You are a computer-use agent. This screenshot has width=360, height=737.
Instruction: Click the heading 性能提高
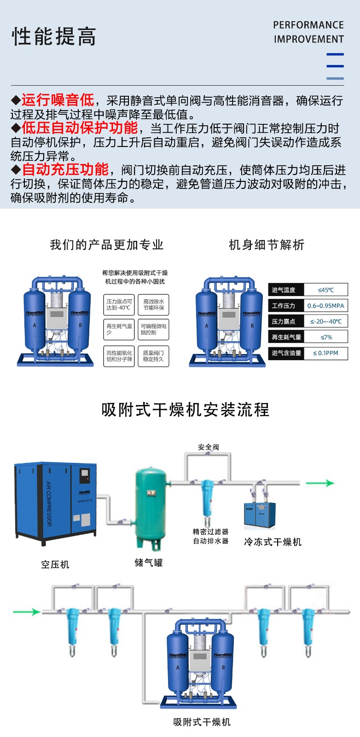click(x=54, y=36)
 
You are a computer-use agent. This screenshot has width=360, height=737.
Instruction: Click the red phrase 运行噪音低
click(x=58, y=100)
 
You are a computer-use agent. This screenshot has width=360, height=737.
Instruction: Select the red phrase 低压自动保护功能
click(x=80, y=128)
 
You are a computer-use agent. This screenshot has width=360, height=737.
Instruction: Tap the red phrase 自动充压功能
click(x=65, y=170)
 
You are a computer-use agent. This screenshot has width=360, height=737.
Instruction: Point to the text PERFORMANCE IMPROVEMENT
click(x=308, y=32)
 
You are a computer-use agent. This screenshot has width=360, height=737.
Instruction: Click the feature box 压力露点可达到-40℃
click(x=119, y=305)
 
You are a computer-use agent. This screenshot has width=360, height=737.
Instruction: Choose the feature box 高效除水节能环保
click(x=154, y=305)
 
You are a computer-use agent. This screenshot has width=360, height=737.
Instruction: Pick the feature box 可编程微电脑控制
click(x=154, y=329)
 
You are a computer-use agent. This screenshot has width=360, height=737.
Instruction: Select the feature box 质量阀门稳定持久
click(x=154, y=356)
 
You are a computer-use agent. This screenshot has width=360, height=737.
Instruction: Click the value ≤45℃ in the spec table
click(x=326, y=290)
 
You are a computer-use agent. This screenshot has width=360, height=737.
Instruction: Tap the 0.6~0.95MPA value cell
click(x=326, y=306)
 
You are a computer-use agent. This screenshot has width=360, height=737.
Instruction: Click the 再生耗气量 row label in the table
click(x=286, y=337)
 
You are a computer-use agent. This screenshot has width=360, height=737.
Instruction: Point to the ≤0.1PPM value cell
click(x=326, y=353)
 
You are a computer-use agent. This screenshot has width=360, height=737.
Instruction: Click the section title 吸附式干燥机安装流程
click(x=185, y=409)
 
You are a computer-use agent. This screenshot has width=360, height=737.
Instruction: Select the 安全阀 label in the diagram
click(x=209, y=447)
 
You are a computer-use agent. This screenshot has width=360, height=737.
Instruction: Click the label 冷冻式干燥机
click(x=273, y=542)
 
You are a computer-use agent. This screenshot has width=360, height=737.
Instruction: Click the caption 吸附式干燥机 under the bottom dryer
click(x=202, y=722)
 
